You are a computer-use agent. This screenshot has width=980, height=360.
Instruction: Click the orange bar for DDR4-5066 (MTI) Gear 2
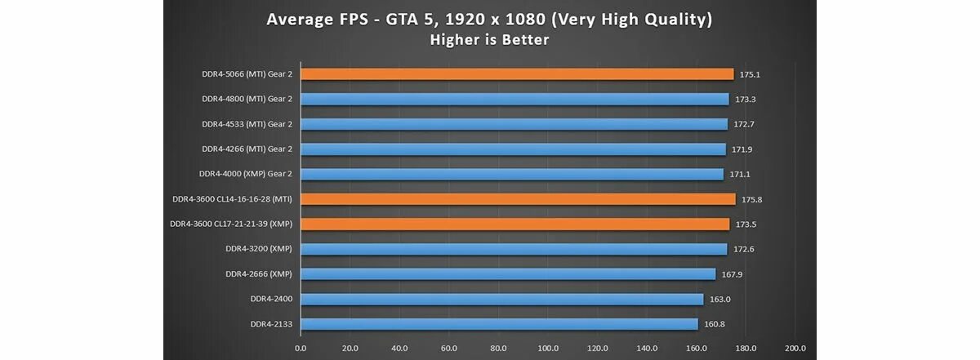pos(517,74)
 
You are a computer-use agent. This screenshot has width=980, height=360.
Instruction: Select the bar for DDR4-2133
pos(499,324)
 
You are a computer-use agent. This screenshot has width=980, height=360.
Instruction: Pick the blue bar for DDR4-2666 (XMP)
pos(508,274)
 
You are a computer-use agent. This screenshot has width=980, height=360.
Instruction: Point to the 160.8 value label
pos(714,324)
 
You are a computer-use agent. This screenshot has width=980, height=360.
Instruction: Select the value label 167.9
pos(731,274)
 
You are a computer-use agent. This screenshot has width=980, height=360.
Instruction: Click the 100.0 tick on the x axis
pos(548,349)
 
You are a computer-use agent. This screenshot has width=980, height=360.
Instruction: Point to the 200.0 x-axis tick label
pos(795,349)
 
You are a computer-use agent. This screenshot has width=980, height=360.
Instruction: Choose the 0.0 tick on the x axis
pos(301,349)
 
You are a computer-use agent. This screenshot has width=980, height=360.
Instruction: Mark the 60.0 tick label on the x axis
pos(449,349)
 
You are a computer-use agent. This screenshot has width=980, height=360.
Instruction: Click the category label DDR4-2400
pos(271,299)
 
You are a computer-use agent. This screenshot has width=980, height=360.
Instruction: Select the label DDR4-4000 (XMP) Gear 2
pos(245,174)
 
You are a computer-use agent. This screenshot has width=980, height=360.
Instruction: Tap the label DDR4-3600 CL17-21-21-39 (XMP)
pos(231,224)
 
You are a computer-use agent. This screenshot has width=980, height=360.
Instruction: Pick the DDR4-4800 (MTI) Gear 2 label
pos(247,99)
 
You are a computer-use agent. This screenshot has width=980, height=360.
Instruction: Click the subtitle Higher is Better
pos(489,39)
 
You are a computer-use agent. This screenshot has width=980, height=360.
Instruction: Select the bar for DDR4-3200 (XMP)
pos(514,249)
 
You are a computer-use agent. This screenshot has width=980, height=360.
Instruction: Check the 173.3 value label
pos(744,100)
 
